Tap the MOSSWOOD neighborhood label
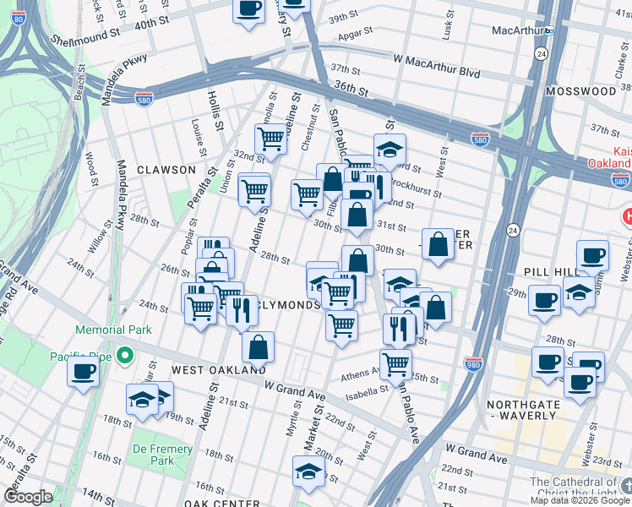point(580,90)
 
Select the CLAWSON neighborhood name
point(167,170)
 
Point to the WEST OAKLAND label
point(219,370)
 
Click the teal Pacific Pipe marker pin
point(126,356)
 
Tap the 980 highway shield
point(473,363)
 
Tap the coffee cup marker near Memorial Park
point(83,372)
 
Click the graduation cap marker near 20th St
point(308,471)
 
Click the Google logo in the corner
point(28,497)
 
